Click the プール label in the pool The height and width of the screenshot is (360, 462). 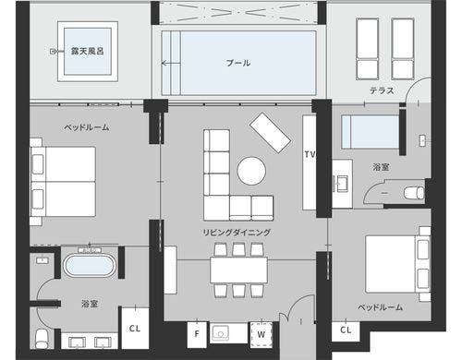tap(238, 63)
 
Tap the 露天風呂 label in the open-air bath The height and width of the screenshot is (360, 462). tap(88, 51)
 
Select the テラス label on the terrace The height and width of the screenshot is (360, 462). tap(382, 90)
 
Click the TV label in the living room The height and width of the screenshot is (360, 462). tap(310, 154)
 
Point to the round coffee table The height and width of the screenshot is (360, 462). tap(251, 171)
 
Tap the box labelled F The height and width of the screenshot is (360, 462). tap(197, 334)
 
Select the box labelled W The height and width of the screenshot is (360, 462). tap(261, 334)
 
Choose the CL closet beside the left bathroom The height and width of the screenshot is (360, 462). tap(135, 328)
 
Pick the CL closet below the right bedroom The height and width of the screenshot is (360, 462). tap(346, 330)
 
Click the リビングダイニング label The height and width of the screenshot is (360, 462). tap(237, 233)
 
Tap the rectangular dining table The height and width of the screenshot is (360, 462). tap(238, 270)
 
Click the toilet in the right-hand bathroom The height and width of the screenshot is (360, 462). tap(414, 193)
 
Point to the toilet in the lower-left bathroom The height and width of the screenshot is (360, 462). tap(42, 339)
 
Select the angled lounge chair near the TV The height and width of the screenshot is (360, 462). tap(270, 133)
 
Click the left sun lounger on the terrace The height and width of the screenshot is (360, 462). tap(368, 49)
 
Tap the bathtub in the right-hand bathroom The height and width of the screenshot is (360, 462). tap(371, 132)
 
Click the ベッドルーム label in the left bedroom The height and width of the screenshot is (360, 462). tap(87, 127)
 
